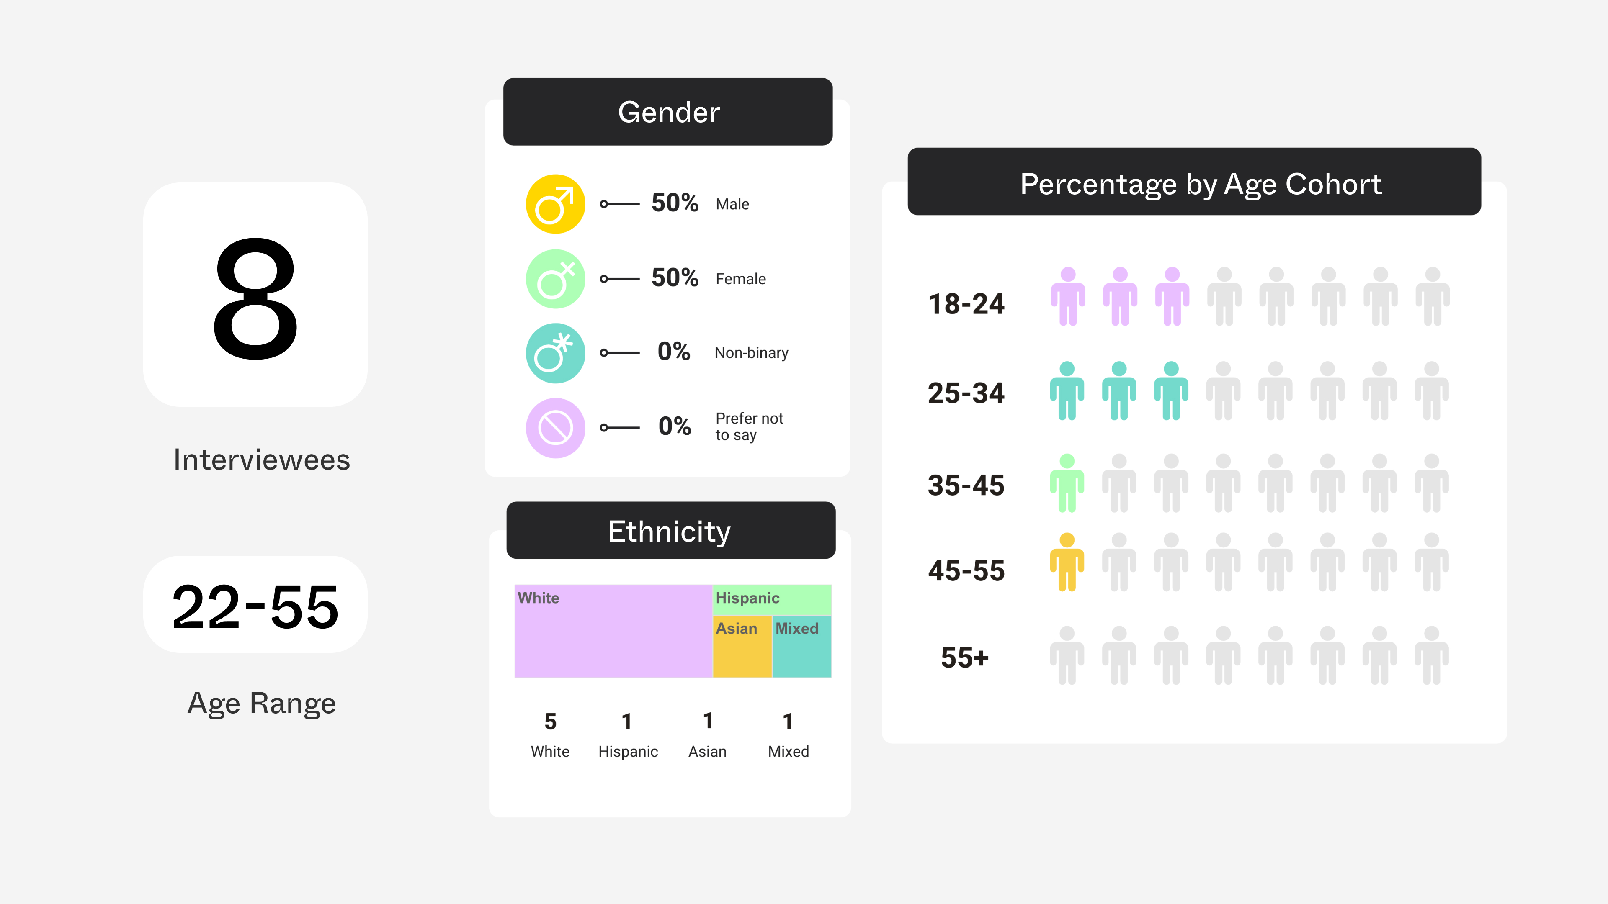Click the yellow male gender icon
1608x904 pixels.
coord(555,204)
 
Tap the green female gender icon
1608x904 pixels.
coord(555,279)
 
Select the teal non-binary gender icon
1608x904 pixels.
coord(555,353)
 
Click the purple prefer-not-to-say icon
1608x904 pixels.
coord(555,428)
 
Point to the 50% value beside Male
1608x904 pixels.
coord(674,203)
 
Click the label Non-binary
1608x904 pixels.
coord(751,353)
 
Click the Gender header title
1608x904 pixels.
coord(669,112)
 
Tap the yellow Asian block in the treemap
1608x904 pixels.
coord(742,649)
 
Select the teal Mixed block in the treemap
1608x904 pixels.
coord(801,649)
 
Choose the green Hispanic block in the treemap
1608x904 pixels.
coord(771,599)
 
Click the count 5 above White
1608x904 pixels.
coord(550,722)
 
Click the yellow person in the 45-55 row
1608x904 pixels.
coord(1067,562)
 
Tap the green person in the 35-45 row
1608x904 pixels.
coord(1067,483)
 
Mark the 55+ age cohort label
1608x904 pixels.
coord(964,657)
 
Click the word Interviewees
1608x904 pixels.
coord(262,460)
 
